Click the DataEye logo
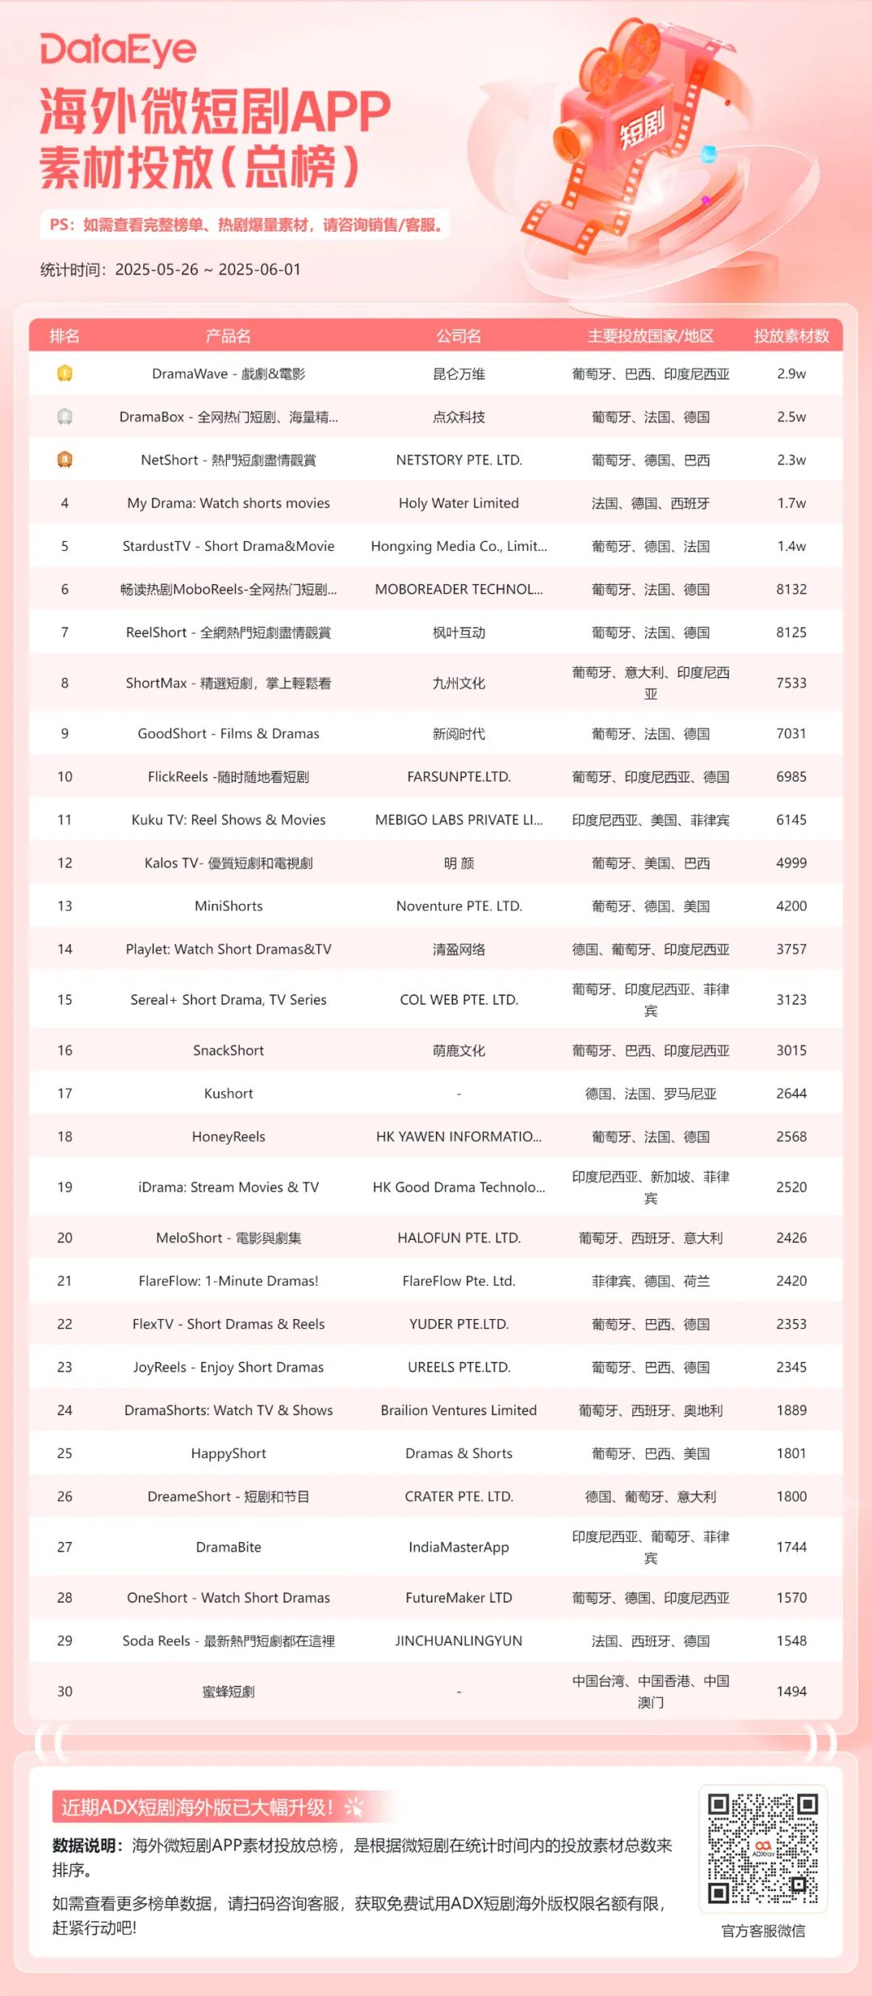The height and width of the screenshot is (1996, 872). pyautogui.click(x=118, y=50)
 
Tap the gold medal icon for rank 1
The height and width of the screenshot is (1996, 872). pyautogui.click(x=65, y=373)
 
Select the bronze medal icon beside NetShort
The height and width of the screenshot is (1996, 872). pyautogui.click(x=65, y=460)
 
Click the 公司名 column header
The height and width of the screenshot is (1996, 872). pyautogui.click(x=459, y=336)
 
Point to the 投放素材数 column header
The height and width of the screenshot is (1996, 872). pyautogui.click(x=791, y=336)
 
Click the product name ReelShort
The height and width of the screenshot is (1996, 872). pyautogui.click(x=228, y=632)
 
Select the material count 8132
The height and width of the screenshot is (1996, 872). pyautogui.click(x=791, y=590)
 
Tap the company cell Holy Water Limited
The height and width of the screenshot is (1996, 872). pyautogui.click(x=459, y=503)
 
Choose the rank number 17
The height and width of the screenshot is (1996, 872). pyautogui.click(x=65, y=1094)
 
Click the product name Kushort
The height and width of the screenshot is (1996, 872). pyautogui.click(x=228, y=1094)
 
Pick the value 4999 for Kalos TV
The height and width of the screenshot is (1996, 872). pyautogui.click(x=791, y=863)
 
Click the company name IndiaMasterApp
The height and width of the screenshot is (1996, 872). pyautogui.click(x=459, y=1547)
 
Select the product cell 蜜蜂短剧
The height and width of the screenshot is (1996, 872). pyautogui.click(x=228, y=1691)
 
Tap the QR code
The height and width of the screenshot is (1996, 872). pyautogui.click(x=763, y=1848)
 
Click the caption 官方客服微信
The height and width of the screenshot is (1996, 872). pyautogui.click(x=763, y=1931)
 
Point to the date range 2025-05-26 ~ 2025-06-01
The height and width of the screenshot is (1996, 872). pyautogui.click(x=208, y=270)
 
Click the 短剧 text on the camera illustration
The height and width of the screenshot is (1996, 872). pyautogui.click(x=642, y=127)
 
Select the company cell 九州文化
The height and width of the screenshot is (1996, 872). pyautogui.click(x=459, y=683)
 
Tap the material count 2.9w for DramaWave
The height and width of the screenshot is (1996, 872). pyautogui.click(x=791, y=374)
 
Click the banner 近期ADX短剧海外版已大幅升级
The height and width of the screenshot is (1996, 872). pyautogui.click(x=198, y=1807)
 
